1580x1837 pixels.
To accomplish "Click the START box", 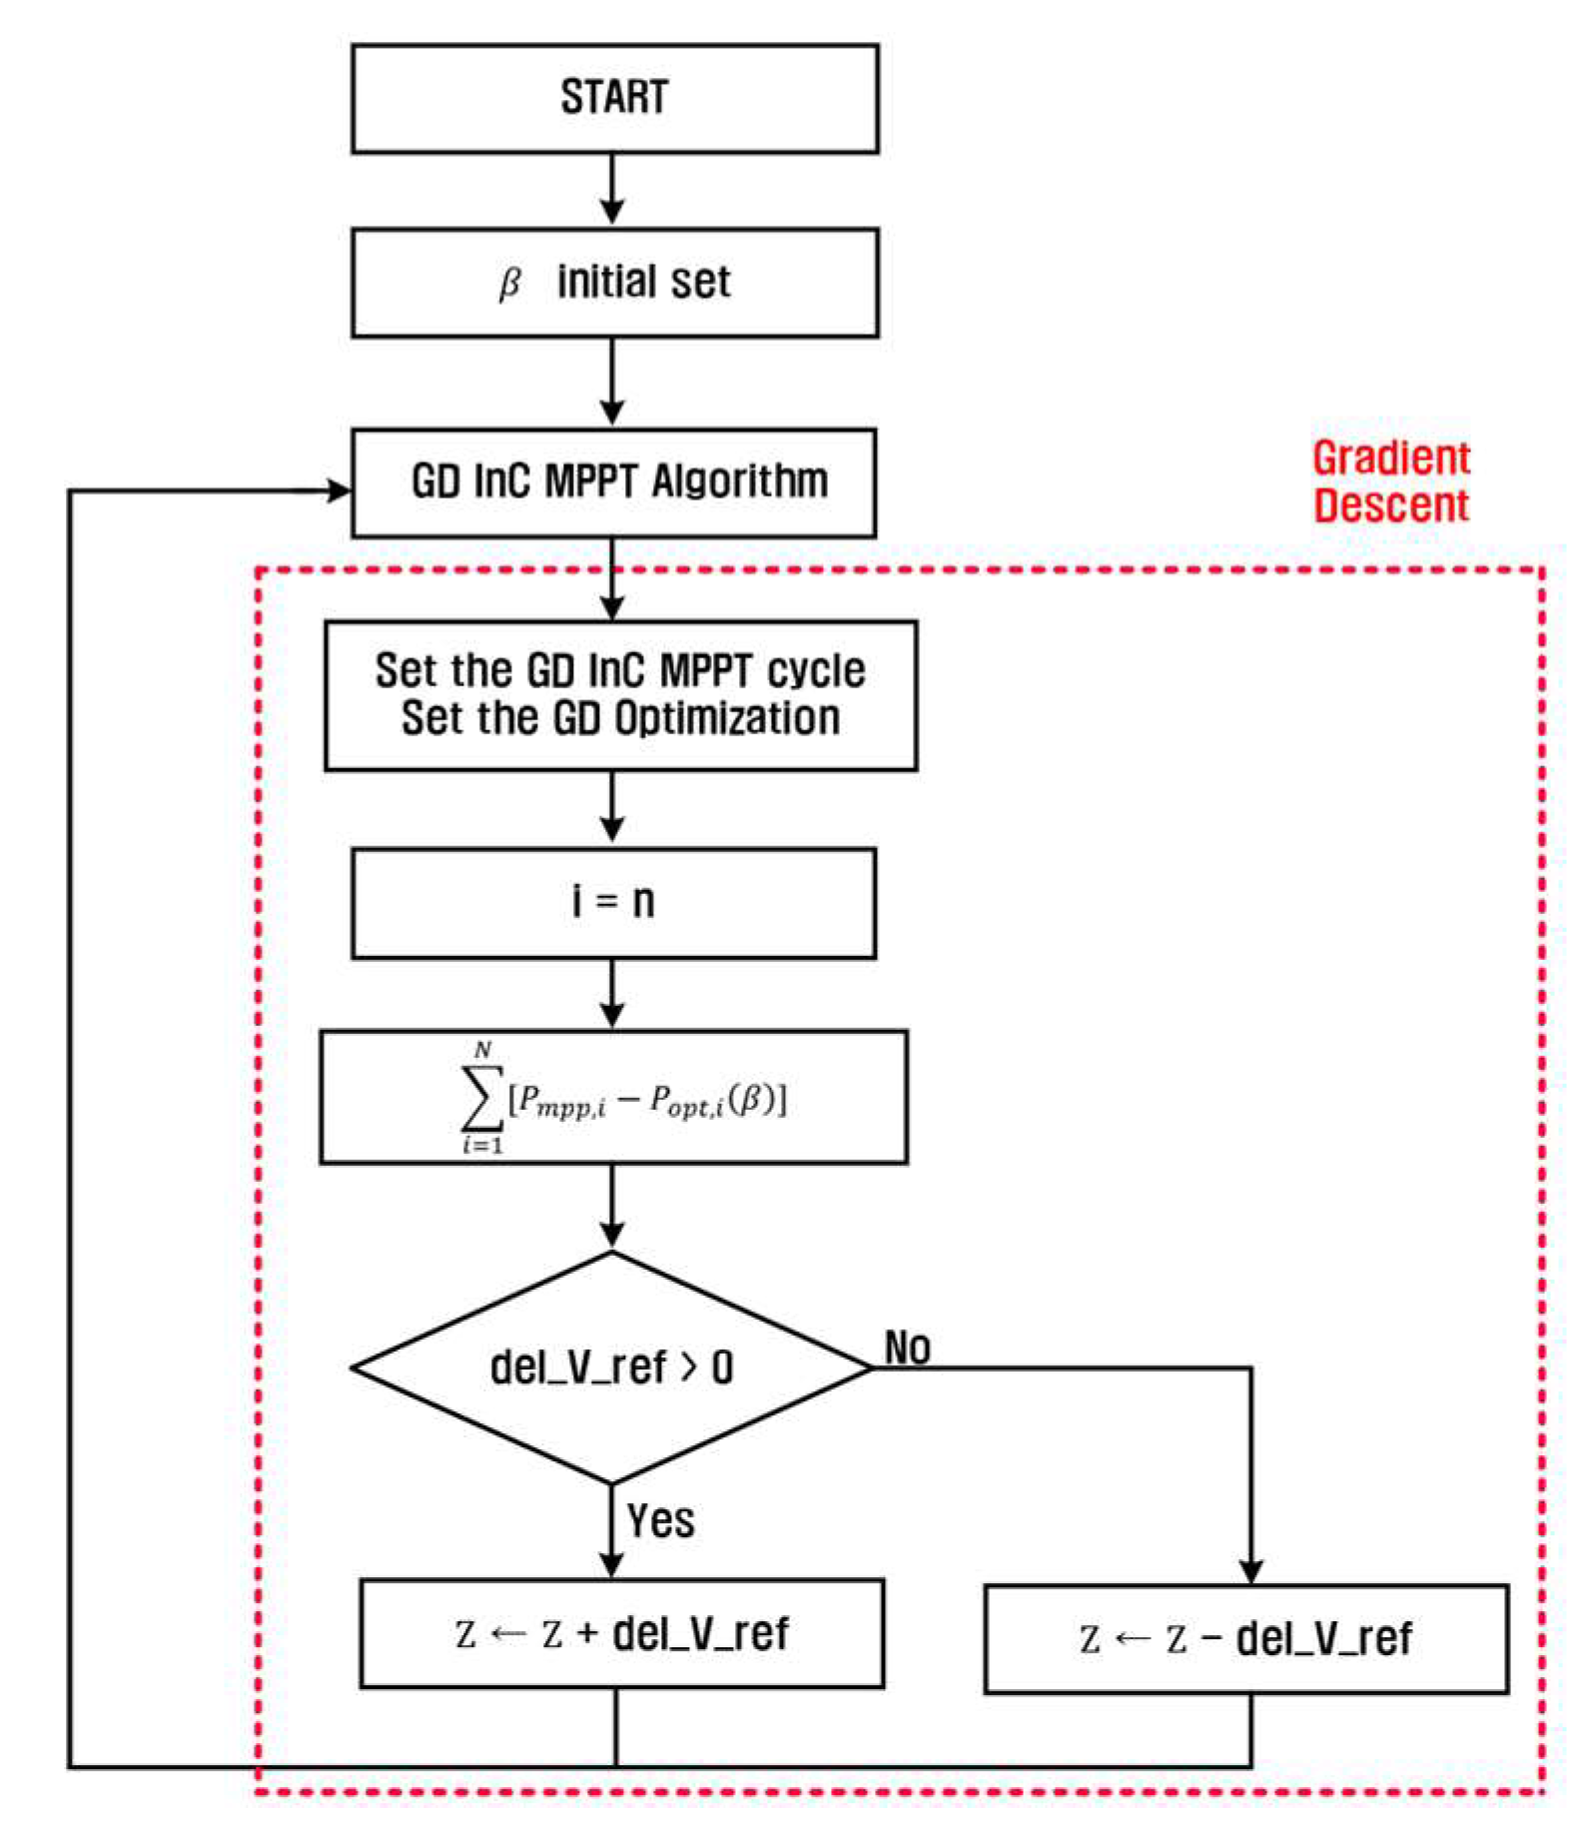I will pyautogui.click(x=614, y=98).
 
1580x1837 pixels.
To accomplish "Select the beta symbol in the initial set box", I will pyautogui.click(x=509, y=284).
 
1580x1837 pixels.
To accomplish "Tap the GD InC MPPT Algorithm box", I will pyautogui.click(x=614, y=483).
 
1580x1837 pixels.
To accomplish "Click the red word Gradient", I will pyautogui.click(x=1390, y=459).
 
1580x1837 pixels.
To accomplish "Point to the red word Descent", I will pyautogui.click(x=1390, y=505).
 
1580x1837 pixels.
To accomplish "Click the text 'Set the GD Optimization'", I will pyautogui.click(x=620, y=719).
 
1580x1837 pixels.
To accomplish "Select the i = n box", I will pyautogui.click(x=614, y=903).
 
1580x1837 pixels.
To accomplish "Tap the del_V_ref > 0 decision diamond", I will pyautogui.click(x=611, y=1368).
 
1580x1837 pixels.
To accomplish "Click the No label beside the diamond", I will pyautogui.click(x=907, y=1349).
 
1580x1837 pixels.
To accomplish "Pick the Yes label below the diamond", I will pyautogui.click(x=660, y=1521).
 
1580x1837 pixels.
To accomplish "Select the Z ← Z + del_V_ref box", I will pyautogui.click(x=621, y=1634).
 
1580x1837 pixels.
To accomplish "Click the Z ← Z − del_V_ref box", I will pyautogui.click(x=1245, y=1639).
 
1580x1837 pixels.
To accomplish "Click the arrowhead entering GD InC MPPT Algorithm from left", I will pyautogui.click(x=340, y=490).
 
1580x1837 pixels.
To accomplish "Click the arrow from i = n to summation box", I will pyautogui.click(x=612, y=994).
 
